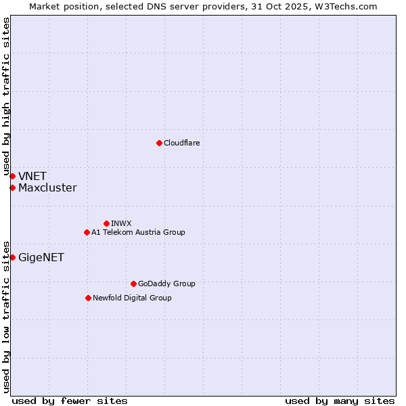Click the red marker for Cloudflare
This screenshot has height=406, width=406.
coord(159,143)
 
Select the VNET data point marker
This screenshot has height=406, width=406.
coord(12,177)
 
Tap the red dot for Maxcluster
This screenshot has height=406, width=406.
coord(12,187)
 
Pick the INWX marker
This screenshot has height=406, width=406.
coord(106,223)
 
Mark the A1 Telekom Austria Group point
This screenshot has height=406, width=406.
coord(87,232)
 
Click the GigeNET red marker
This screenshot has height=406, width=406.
coord(12,257)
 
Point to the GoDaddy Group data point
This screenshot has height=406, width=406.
coord(133,284)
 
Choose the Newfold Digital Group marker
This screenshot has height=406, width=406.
coord(88,298)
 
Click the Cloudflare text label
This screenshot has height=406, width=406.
coord(181,143)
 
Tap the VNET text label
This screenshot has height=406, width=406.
coord(32,177)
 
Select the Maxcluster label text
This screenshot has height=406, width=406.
coord(47,188)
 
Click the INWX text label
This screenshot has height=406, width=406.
coord(121,223)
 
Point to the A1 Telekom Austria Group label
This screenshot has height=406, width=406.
coord(138,232)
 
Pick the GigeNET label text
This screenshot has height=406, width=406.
coord(41,258)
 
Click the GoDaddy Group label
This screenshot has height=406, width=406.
coord(166,284)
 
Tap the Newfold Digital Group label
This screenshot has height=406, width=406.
coord(132,298)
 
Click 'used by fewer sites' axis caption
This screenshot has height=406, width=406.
coord(70,401)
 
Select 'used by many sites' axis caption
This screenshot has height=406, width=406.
coord(340,401)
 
